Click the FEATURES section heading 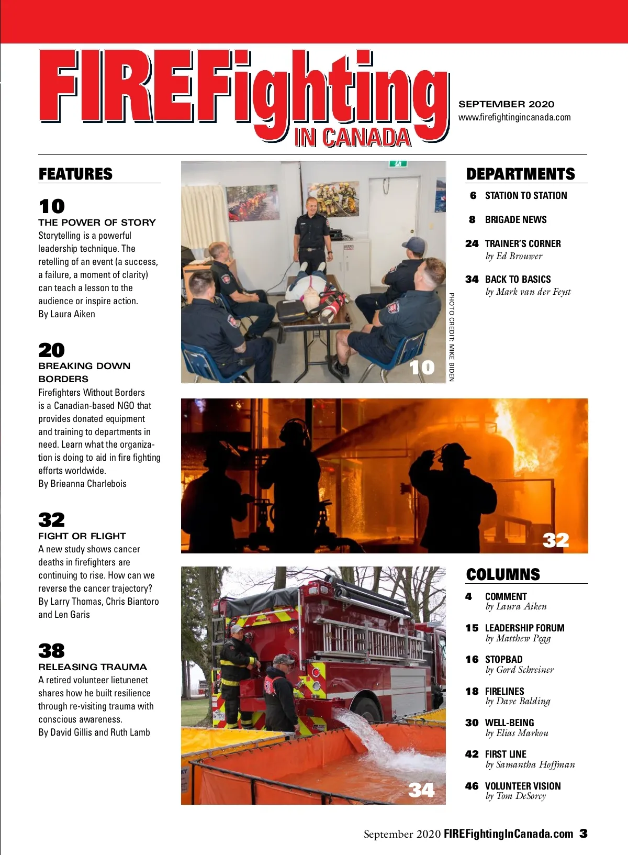[x=75, y=174]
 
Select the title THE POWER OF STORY [x=97, y=223]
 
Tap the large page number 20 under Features [x=51, y=350]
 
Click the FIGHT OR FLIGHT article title [x=82, y=536]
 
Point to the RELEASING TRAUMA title [x=92, y=667]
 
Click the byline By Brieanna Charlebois [x=82, y=484]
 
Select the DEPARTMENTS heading [x=520, y=174]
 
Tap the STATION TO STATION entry [x=526, y=196]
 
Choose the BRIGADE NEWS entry [x=516, y=220]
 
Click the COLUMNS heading [x=503, y=574]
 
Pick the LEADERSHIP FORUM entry [x=524, y=628]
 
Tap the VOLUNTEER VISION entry [x=523, y=786]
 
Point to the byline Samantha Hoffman [x=535, y=764]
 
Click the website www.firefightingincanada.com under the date [x=514, y=118]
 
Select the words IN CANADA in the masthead [x=353, y=137]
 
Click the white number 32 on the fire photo [x=556, y=540]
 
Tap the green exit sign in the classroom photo [x=398, y=164]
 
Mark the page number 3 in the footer [x=584, y=833]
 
